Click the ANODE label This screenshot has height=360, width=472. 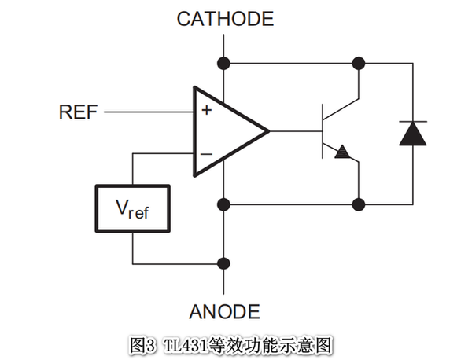[224, 311]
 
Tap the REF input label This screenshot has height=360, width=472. [78, 112]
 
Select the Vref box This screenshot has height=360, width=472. [132, 208]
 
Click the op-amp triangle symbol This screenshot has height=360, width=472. [224, 130]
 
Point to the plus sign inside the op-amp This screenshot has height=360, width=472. [206, 111]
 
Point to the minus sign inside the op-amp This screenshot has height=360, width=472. [206, 152]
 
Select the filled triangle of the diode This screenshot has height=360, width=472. [413, 134]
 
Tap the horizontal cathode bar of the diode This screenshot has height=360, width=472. [413, 122]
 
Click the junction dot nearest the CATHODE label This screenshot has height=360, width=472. [224, 61]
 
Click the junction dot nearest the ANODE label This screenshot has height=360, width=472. [224, 263]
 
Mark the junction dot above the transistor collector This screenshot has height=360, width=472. [360, 61]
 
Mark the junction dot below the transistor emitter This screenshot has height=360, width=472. [360, 204]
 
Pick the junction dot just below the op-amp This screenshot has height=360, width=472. [224, 204]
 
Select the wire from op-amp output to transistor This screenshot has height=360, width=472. [295, 130]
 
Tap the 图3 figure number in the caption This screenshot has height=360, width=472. [144, 344]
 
